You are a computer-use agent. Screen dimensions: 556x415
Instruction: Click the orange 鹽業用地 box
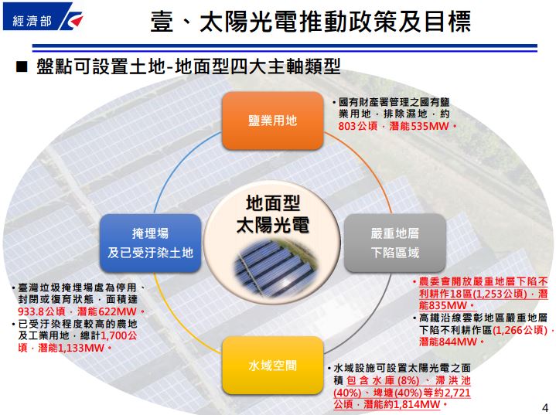(272, 121)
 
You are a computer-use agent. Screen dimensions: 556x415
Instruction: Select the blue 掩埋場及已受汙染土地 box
(150, 243)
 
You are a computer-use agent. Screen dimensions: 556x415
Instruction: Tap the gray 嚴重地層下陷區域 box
(395, 243)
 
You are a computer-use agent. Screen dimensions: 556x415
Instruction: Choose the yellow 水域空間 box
(272, 366)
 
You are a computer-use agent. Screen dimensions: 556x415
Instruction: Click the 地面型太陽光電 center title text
(273, 214)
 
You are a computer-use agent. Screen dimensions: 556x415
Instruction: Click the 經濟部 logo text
(32, 22)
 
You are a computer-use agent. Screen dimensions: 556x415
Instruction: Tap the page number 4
(545, 407)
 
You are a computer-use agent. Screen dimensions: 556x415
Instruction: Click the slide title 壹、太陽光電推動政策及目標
(311, 22)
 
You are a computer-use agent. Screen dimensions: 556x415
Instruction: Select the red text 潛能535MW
(419, 126)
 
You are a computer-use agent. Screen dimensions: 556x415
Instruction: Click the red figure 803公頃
(358, 126)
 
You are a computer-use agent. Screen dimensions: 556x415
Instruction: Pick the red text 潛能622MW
(107, 311)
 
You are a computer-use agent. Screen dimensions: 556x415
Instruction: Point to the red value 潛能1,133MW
(71, 348)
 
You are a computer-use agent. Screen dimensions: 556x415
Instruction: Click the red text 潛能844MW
(448, 342)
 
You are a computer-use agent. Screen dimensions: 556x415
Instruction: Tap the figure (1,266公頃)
(520, 330)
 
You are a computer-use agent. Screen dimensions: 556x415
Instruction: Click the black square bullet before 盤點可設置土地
(22, 66)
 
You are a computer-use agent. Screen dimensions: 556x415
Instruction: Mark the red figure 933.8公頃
(42, 311)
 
